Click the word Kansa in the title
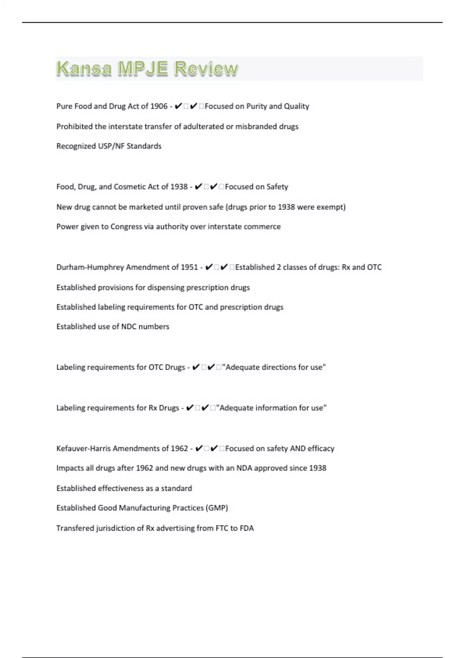[x=84, y=69]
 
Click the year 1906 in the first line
[x=158, y=106]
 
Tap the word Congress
[x=126, y=227]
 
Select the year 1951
[x=189, y=267]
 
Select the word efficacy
[x=321, y=449]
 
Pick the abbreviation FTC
[x=222, y=528]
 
